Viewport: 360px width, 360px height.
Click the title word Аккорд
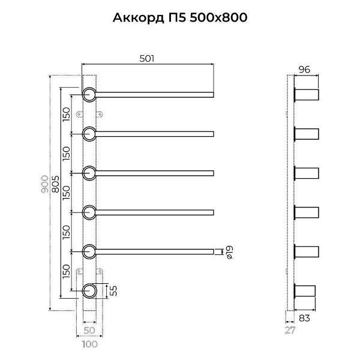pyautogui.click(x=137, y=17)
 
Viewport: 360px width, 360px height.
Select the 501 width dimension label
pyautogui.click(x=147, y=58)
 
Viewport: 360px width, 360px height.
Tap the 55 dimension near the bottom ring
pyautogui.click(x=112, y=291)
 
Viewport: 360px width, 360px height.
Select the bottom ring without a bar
pyautogui.click(x=89, y=291)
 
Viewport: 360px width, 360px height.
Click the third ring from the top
pyautogui.click(x=89, y=173)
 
